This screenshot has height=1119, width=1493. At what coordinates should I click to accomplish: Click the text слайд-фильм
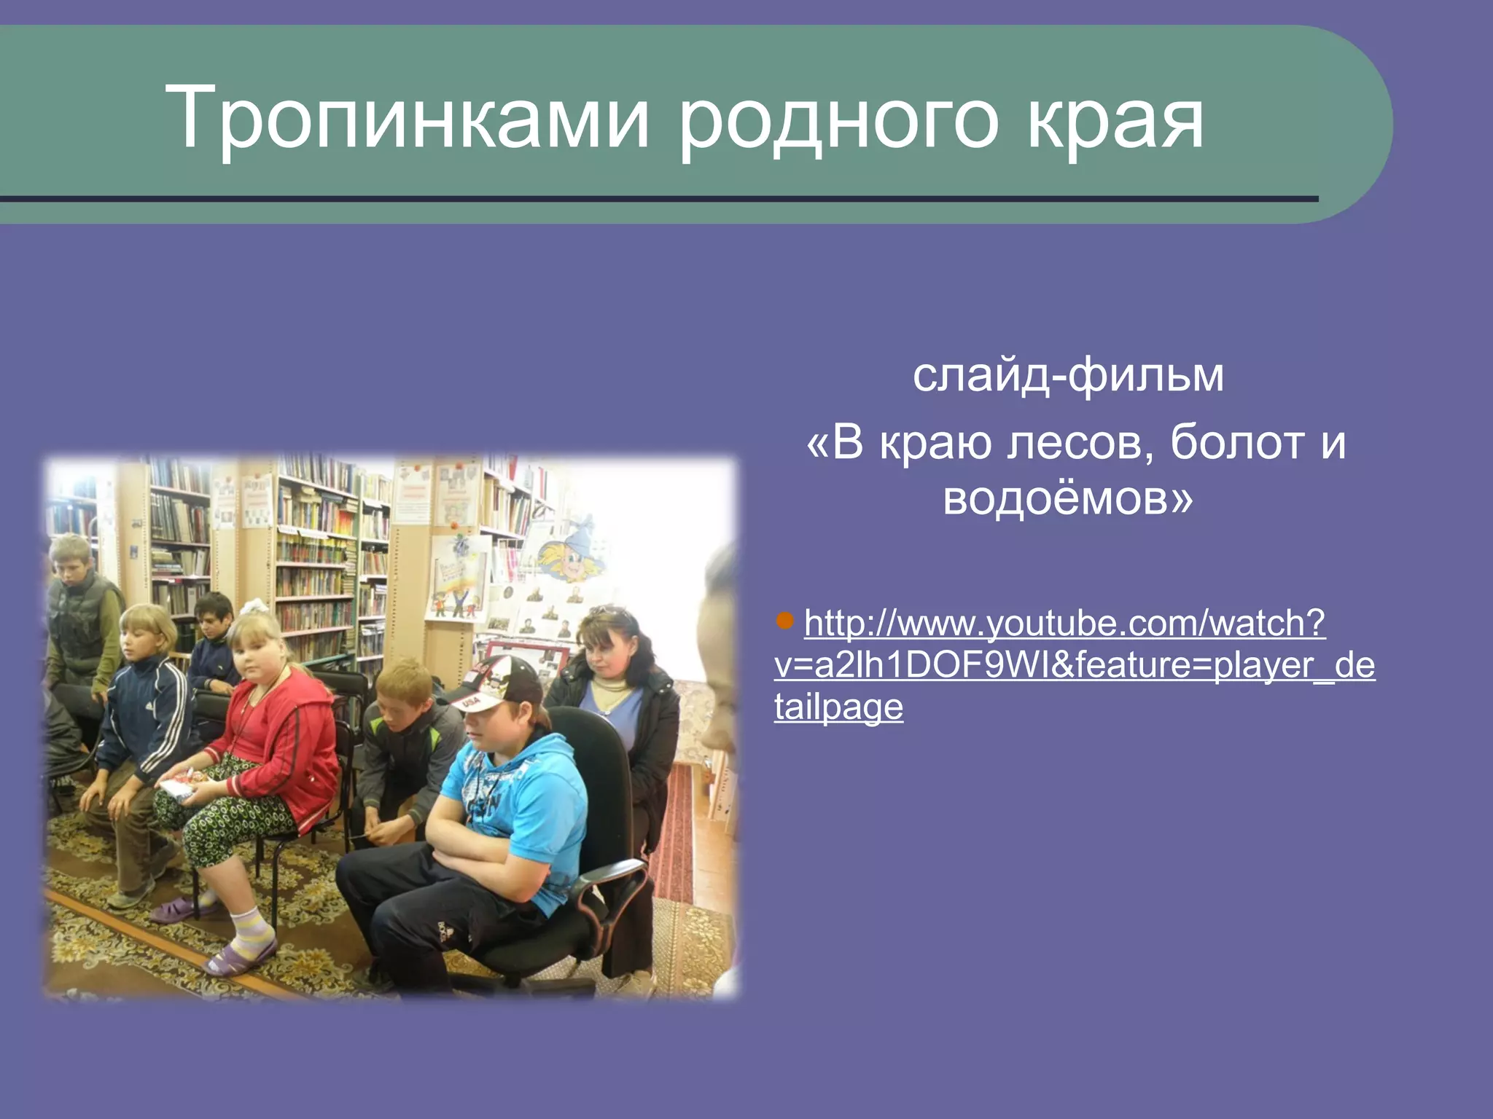coord(1068,375)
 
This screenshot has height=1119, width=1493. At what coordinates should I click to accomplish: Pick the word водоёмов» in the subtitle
coord(1068,499)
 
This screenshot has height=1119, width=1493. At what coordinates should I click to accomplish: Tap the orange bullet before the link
coord(785,621)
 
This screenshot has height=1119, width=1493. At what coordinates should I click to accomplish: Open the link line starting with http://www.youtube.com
coord(1064,624)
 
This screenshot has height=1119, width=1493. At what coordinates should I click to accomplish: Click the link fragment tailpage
coord(838,707)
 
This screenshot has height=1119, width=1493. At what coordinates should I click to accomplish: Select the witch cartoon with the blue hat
coord(572,554)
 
